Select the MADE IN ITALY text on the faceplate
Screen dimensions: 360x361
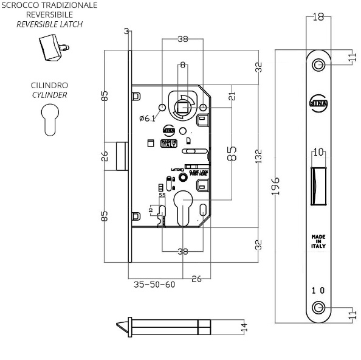pyautogui.click(x=318, y=241)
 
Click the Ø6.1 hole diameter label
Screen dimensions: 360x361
pyautogui.click(x=148, y=118)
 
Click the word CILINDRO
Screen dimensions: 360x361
pyautogui.click(x=49, y=86)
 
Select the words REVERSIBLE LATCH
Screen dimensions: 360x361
pyautogui.click(x=49, y=24)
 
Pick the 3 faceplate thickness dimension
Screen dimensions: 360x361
pyautogui.click(x=125, y=32)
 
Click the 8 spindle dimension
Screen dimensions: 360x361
pyautogui.click(x=182, y=64)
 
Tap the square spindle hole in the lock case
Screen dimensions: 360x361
pyautogui.click(x=182, y=108)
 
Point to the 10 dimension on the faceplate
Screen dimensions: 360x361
pyautogui.click(x=318, y=151)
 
